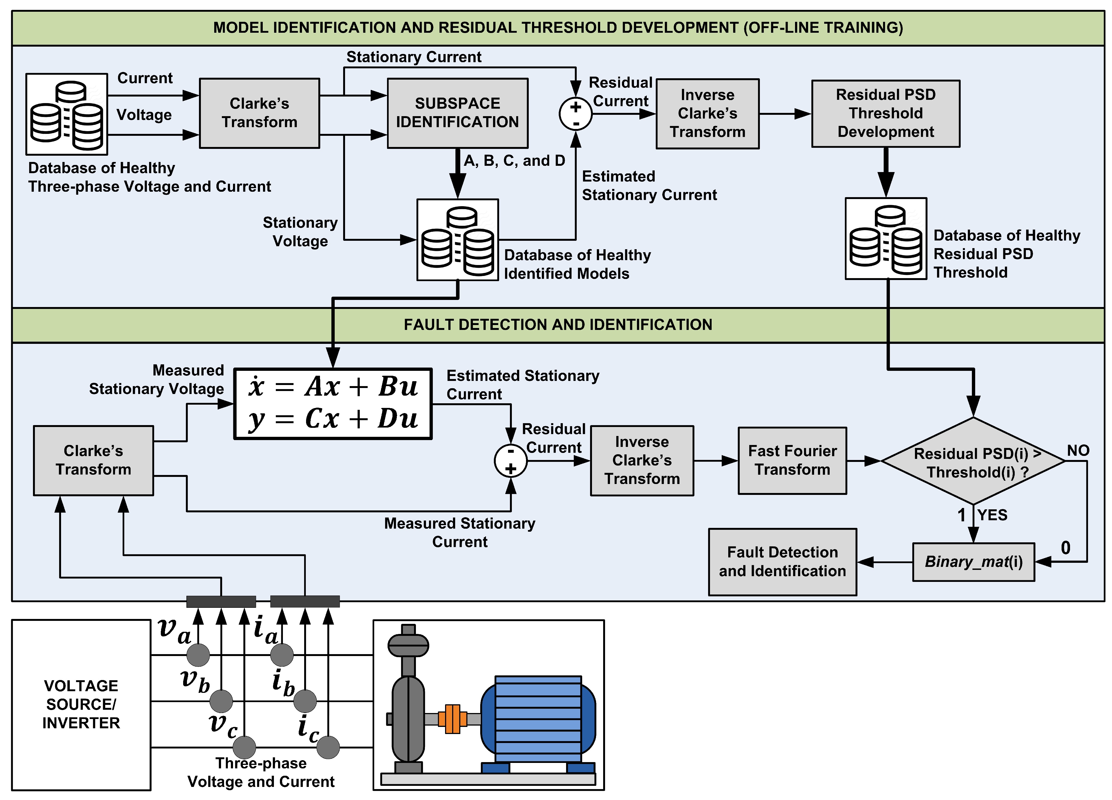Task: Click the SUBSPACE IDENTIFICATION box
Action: point(457,113)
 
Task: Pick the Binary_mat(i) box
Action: point(973,562)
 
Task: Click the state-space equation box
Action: point(333,403)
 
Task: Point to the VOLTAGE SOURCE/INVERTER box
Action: point(81,704)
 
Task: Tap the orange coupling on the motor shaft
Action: point(452,718)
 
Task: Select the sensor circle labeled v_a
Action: point(198,655)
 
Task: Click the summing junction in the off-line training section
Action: point(576,114)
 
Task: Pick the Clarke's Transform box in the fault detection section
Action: point(93,460)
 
